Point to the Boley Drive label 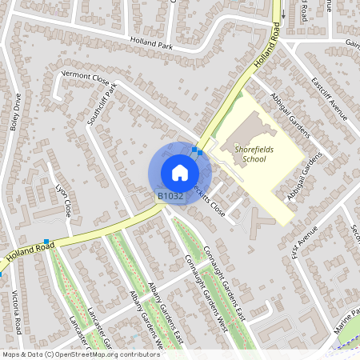pos(16,112)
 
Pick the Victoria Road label pos(16,312)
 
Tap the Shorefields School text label pos(243,152)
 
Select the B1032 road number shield pos(170,195)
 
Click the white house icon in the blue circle pos(179,173)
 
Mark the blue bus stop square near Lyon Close pos(47,242)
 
